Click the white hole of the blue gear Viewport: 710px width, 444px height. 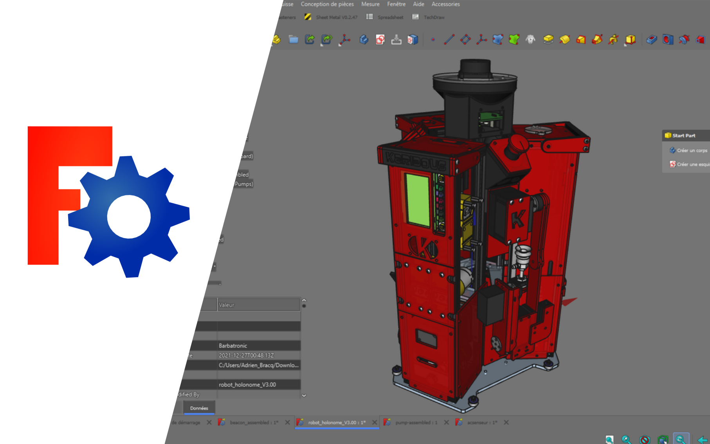point(129,217)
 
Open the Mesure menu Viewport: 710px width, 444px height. point(370,4)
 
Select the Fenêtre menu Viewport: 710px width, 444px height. point(396,4)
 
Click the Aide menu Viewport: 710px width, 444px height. point(418,4)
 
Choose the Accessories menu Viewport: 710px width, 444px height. point(445,4)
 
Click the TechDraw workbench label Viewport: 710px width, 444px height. point(434,17)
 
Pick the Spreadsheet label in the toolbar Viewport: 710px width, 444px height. point(390,17)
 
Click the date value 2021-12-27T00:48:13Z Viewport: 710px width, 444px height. point(246,356)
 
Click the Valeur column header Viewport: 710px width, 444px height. point(227,305)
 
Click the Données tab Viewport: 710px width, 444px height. point(199,408)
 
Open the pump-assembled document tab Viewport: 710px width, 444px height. point(416,422)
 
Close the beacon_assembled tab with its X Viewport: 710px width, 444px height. point(287,422)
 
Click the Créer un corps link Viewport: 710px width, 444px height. point(692,150)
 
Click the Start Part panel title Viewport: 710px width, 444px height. point(684,135)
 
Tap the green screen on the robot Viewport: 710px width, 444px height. point(418,200)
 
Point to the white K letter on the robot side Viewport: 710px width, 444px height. point(518,219)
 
